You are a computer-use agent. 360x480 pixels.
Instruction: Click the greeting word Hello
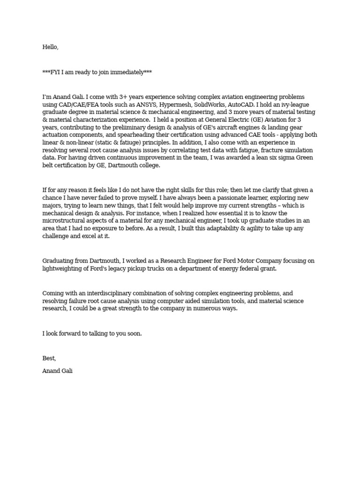[x=50, y=47]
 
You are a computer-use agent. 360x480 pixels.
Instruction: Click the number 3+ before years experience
[x=126, y=97]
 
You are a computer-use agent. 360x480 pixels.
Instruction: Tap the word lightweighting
[x=63, y=268]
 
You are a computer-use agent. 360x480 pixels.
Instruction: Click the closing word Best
[x=49, y=359]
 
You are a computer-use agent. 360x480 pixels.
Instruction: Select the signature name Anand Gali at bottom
[x=58, y=371]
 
